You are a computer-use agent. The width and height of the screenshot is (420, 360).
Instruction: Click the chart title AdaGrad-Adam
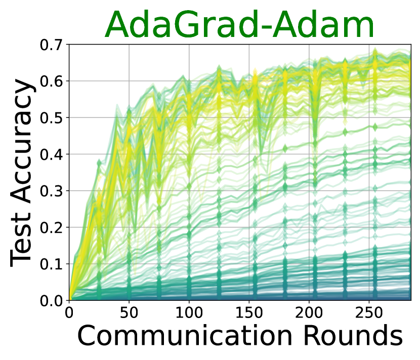[239, 25]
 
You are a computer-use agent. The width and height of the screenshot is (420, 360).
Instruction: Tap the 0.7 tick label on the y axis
[51, 44]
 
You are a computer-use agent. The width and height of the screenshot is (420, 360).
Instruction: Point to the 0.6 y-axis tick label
[51, 81]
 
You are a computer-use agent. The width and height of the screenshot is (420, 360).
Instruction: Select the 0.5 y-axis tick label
[51, 118]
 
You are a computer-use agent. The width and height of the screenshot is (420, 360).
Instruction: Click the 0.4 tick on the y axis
[51, 154]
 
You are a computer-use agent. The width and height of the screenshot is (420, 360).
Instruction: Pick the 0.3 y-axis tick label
[51, 191]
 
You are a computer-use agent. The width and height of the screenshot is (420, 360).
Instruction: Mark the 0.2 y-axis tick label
[51, 228]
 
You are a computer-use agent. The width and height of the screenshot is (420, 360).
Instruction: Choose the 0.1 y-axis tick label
[51, 264]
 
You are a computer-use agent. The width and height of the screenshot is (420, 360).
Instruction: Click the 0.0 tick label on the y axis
[51, 301]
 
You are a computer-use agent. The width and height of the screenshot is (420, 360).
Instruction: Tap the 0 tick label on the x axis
[69, 312]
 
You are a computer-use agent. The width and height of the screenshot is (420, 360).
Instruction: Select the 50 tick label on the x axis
[129, 312]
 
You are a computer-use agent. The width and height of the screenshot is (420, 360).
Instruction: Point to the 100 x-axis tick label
[189, 312]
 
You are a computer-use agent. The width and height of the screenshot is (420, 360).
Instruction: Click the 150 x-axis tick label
[249, 312]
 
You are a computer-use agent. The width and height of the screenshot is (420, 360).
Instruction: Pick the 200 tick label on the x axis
[309, 312]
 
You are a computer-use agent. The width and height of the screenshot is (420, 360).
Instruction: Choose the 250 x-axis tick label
[369, 312]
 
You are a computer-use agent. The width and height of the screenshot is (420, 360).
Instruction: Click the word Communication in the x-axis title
[185, 336]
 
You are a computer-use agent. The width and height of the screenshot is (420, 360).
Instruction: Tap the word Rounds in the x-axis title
[353, 336]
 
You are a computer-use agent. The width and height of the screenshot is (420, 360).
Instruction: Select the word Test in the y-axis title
[21, 239]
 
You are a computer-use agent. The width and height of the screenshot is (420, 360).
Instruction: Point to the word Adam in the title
[323, 25]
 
